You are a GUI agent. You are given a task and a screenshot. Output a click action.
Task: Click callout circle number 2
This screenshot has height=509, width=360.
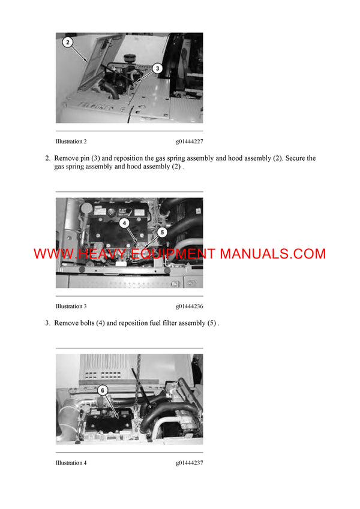[x=68, y=42]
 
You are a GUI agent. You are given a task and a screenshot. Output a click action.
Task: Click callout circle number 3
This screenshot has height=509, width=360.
[x=157, y=68]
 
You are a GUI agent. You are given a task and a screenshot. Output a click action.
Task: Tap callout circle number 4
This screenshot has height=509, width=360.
[x=123, y=222]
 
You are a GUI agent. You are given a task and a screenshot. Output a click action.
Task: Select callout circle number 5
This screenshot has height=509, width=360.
[x=161, y=231]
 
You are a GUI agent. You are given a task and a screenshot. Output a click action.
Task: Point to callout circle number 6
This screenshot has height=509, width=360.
[x=103, y=390]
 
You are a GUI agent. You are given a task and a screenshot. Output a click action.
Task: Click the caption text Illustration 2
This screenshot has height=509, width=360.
[x=71, y=141]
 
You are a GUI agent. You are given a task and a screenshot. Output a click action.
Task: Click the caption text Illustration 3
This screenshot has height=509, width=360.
[x=71, y=306]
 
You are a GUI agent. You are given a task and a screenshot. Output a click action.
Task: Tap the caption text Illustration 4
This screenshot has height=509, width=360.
[x=71, y=463]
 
